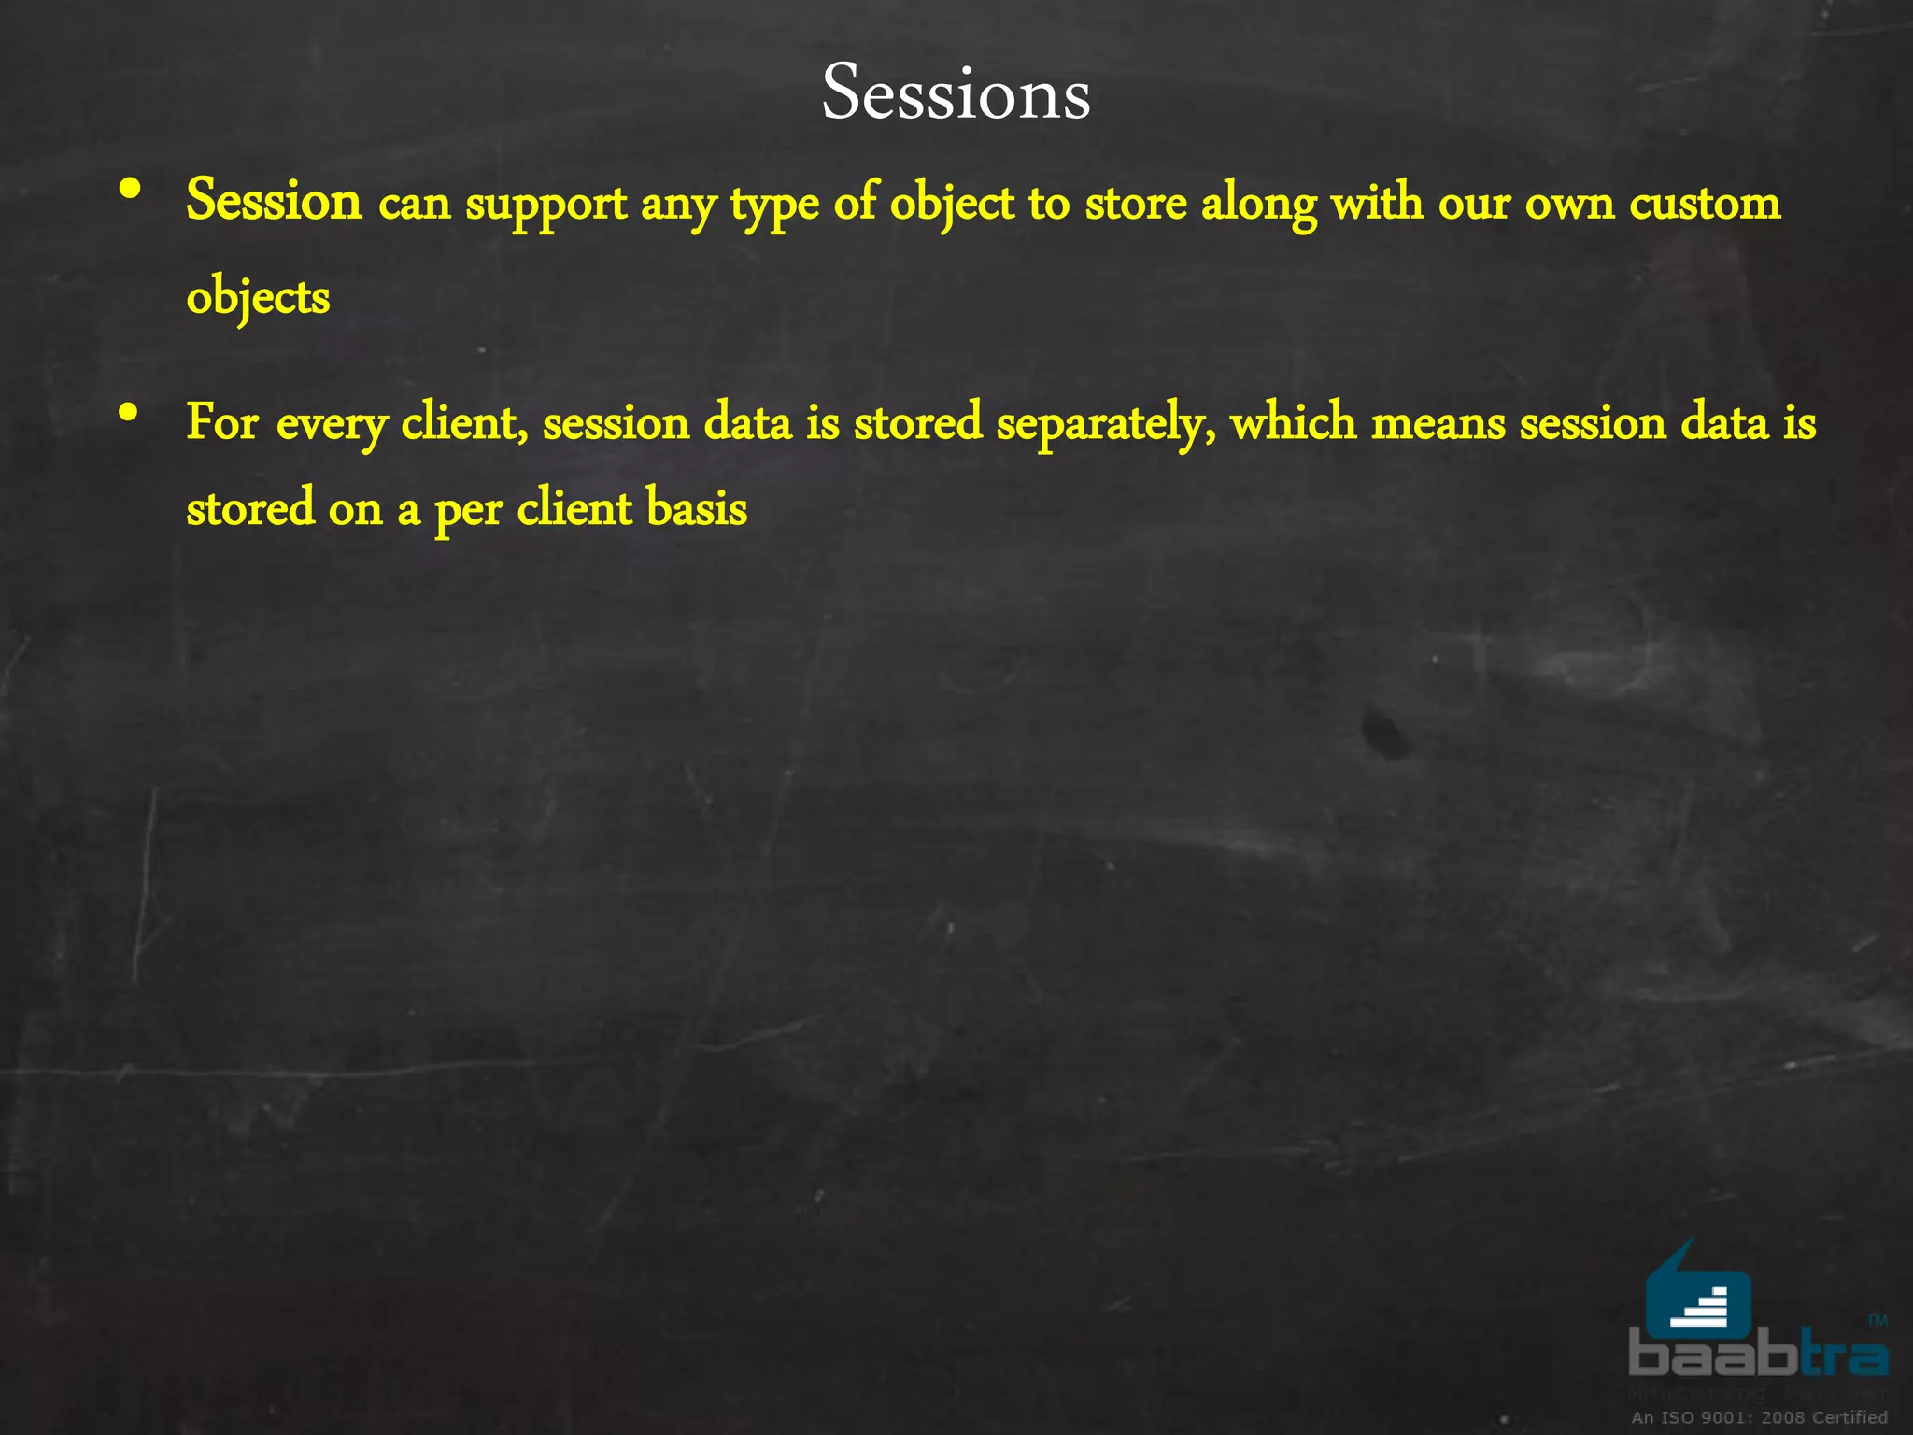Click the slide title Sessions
click(956, 93)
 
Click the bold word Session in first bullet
click(274, 201)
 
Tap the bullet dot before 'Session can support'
click(131, 190)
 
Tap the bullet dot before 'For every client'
click(130, 411)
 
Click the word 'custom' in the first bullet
click(1705, 204)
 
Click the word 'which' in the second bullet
click(1293, 422)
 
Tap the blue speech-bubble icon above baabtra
click(1697, 1294)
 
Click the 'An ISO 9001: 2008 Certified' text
click(1759, 1417)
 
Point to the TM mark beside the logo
click(1878, 1320)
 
